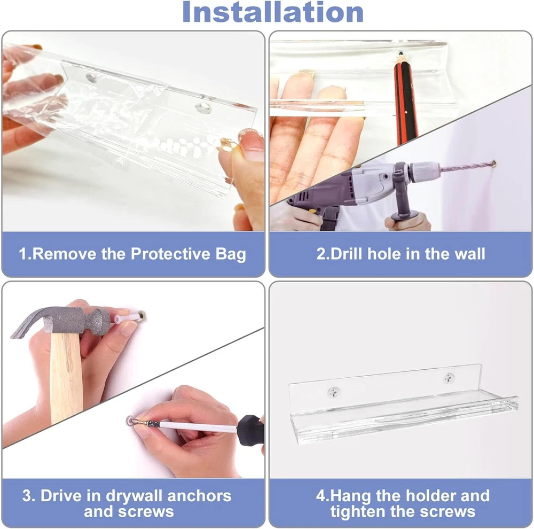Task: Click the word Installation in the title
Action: coord(273,12)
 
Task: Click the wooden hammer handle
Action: coord(66,378)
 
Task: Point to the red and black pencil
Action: coord(406,98)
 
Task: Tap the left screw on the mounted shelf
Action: coord(333,392)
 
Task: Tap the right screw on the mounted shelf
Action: coord(449,378)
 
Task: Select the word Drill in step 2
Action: coord(346,254)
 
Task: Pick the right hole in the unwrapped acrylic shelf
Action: coord(203,108)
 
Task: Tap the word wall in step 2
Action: coord(470,254)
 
